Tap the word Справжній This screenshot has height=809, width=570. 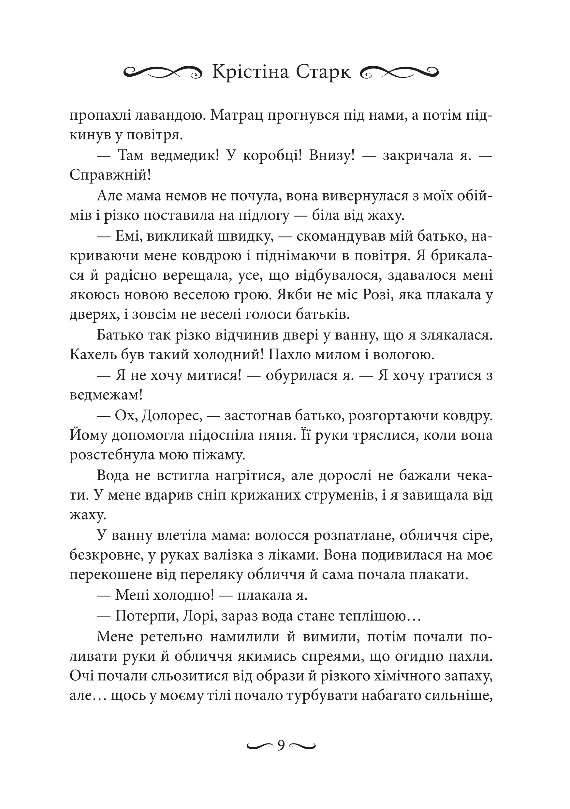(x=110, y=175)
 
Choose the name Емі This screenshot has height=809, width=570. (x=129, y=236)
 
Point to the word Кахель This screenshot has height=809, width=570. (x=92, y=355)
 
